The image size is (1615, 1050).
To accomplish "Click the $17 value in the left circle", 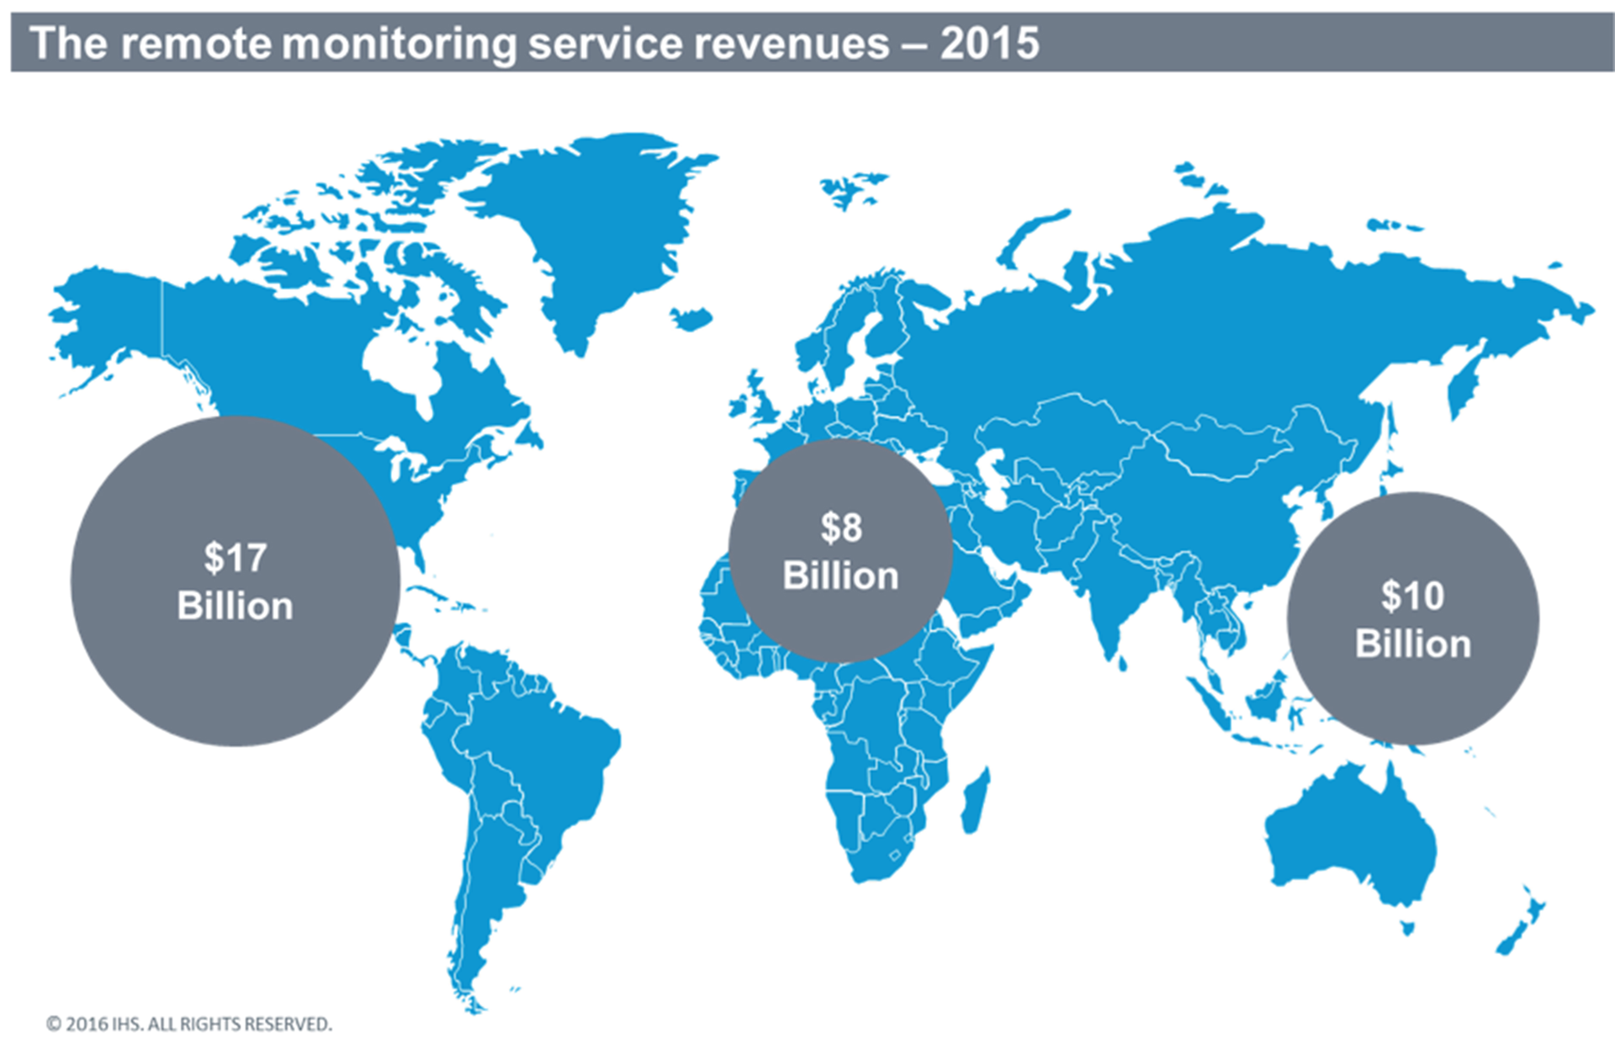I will (x=235, y=558).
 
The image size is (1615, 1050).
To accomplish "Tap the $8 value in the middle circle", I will (x=841, y=528).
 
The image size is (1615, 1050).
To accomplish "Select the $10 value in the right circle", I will (x=1412, y=597).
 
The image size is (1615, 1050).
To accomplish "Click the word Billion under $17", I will (x=235, y=607).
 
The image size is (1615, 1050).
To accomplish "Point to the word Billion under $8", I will (x=841, y=576).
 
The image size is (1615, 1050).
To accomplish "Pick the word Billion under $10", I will (x=1413, y=644).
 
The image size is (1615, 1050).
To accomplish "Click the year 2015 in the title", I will (x=990, y=43).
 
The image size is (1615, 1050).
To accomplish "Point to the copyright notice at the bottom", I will (x=189, y=1024).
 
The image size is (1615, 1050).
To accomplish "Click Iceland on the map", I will (x=692, y=319).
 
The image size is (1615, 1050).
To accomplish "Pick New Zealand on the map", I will (x=1522, y=925).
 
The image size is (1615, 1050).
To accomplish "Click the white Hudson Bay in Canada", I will (x=400, y=362).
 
